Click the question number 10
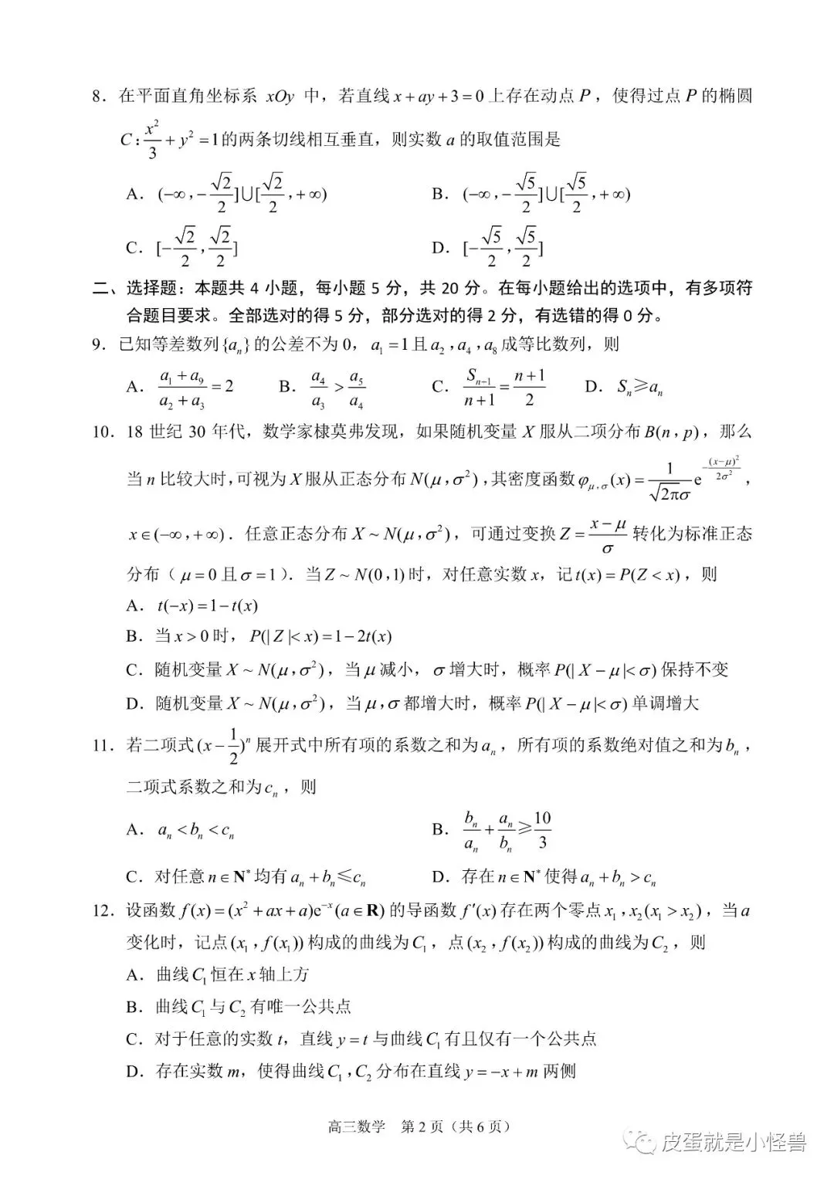coord(102,432)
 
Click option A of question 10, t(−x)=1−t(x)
coord(192,606)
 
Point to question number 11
coord(102,745)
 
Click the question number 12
coord(102,911)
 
